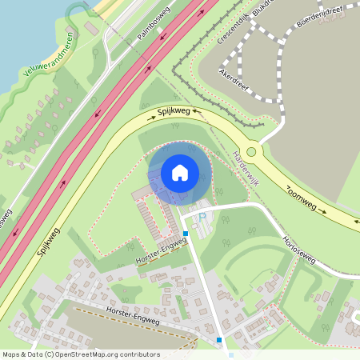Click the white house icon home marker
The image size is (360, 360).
pyautogui.click(x=179, y=173)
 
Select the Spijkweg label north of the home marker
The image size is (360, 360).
pyautogui.click(x=174, y=112)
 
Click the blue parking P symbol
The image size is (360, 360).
pyautogui.click(x=202, y=217)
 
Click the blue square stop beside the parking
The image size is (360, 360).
pyautogui.click(x=186, y=234)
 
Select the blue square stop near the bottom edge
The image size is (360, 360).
pyautogui.click(x=219, y=339)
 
